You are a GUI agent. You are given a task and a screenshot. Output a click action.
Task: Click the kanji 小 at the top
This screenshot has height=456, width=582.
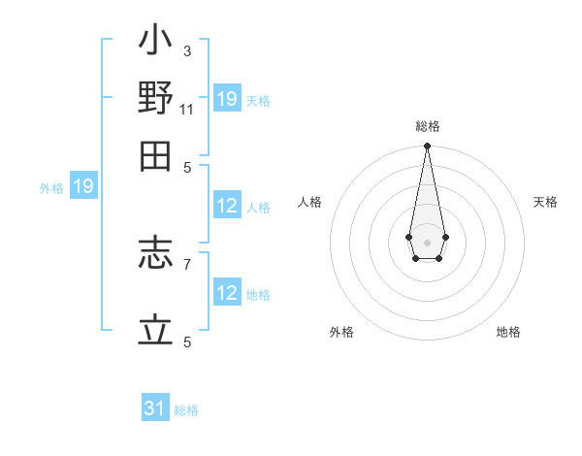point(155,44)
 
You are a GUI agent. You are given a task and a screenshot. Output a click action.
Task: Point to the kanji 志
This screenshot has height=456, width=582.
point(155,257)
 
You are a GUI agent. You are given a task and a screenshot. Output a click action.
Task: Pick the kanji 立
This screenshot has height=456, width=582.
point(155,330)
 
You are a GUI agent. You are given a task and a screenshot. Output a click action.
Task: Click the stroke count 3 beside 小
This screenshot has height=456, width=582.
point(186,50)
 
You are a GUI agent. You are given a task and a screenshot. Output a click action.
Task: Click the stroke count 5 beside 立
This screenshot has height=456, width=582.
point(186,342)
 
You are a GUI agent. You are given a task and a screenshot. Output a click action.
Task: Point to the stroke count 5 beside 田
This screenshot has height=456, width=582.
point(186,166)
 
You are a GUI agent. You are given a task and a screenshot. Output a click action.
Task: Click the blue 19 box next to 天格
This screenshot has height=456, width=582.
point(227,99)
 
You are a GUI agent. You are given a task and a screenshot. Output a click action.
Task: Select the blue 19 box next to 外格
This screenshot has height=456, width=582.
point(83,186)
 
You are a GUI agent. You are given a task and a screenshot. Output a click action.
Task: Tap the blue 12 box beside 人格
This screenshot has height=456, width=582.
point(227,206)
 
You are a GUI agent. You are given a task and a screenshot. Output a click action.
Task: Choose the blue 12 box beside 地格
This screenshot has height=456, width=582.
point(227,293)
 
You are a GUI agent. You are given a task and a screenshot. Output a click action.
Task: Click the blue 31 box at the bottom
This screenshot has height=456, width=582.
point(155,408)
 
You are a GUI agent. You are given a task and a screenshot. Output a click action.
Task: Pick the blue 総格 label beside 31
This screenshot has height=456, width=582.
point(186,410)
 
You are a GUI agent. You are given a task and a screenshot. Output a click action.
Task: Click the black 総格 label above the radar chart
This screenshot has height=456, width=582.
point(427,126)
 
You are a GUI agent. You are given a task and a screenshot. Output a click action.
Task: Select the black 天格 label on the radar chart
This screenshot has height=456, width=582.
point(545,202)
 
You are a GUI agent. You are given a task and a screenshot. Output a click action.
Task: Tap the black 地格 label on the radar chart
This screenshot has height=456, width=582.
point(508,332)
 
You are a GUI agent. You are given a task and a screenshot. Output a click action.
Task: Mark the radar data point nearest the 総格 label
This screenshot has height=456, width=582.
point(427,147)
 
